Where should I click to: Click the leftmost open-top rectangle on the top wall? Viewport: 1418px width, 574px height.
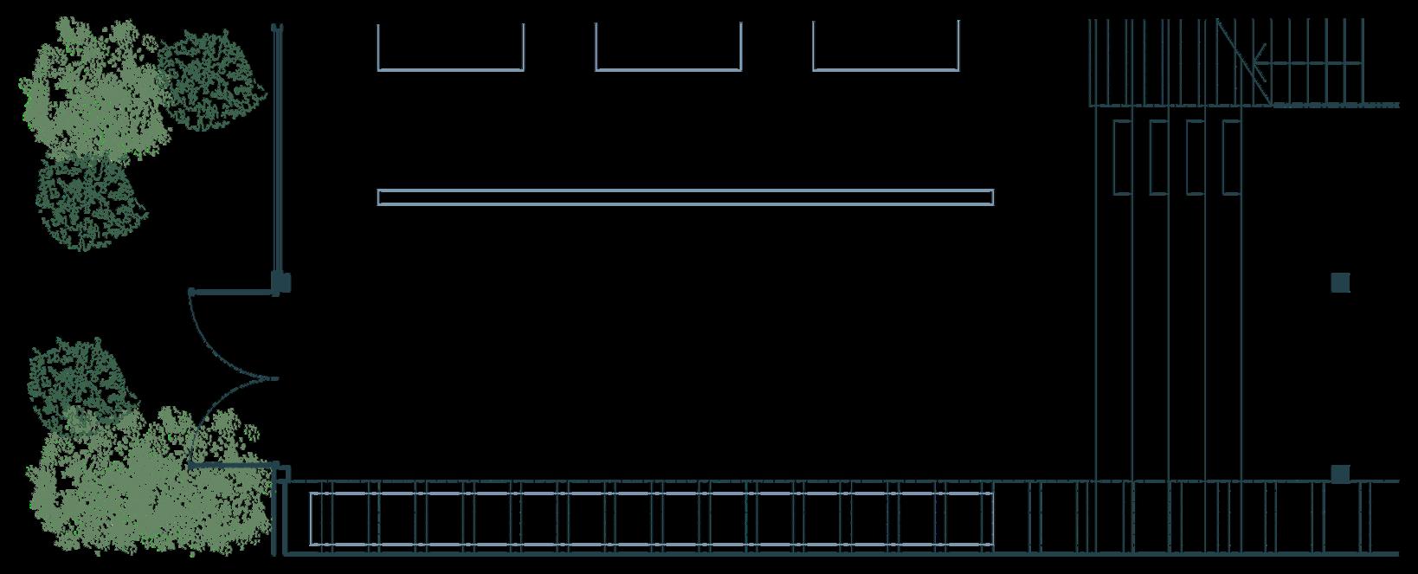tap(451, 48)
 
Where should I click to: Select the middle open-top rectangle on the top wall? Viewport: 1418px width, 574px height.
tap(668, 48)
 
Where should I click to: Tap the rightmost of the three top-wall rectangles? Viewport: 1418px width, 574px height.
tap(886, 48)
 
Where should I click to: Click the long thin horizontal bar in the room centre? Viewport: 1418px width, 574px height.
tap(685, 197)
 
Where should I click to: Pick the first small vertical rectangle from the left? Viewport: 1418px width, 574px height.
tap(1122, 157)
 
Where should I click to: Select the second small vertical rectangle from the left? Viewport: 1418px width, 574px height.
tap(1158, 157)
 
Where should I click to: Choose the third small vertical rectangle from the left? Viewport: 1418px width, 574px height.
tap(1195, 157)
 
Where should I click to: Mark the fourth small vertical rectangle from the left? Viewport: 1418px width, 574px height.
tap(1231, 157)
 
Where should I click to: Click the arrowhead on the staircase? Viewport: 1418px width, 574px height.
tap(1258, 62)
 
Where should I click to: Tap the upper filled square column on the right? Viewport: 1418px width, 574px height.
tap(1340, 283)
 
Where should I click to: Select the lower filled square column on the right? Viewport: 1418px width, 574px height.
tap(1340, 474)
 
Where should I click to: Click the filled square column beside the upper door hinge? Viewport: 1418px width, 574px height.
tap(281, 282)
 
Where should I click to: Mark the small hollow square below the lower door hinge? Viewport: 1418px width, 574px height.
tap(282, 474)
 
